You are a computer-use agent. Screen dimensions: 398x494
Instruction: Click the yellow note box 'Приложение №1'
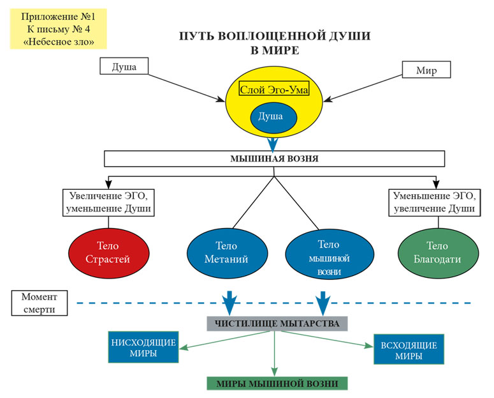pyautogui.click(x=57, y=28)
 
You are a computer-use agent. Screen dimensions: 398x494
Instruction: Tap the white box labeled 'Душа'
pyautogui.click(x=123, y=66)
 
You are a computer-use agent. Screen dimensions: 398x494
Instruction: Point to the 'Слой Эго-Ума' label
pyautogui.click(x=273, y=90)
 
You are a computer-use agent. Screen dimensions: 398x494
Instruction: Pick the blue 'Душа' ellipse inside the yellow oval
pyautogui.click(x=273, y=118)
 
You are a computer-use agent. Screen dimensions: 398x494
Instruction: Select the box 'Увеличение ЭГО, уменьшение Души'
pyautogui.click(x=109, y=202)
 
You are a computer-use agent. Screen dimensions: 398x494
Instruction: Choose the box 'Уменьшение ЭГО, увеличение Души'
pyautogui.click(x=433, y=202)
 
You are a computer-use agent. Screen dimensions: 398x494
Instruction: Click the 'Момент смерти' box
pyautogui.click(x=39, y=303)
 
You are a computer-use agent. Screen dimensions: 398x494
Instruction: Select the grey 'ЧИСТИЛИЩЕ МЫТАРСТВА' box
pyautogui.click(x=277, y=323)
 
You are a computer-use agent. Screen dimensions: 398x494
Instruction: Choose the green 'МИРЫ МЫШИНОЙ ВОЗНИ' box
pyautogui.click(x=277, y=383)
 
